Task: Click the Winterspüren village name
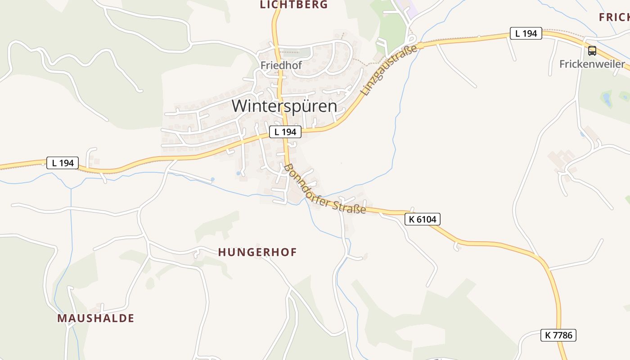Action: pos(284,106)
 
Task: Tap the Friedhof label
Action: pos(281,65)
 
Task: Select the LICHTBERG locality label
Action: pos(294,5)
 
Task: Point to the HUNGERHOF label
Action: pos(257,252)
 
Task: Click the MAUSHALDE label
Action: pos(95,318)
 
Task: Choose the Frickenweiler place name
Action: pos(592,64)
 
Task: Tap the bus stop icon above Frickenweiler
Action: pos(592,51)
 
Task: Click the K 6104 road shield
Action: pos(423,219)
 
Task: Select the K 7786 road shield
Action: pos(558,335)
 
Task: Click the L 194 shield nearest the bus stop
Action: pos(526,33)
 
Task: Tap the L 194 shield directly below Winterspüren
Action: pos(285,132)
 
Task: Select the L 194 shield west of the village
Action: pos(63,163)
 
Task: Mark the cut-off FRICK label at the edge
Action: pos(615,18)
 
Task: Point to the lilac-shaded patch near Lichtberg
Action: pos(411,12)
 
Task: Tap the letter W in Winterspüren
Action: pos(240,106)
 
